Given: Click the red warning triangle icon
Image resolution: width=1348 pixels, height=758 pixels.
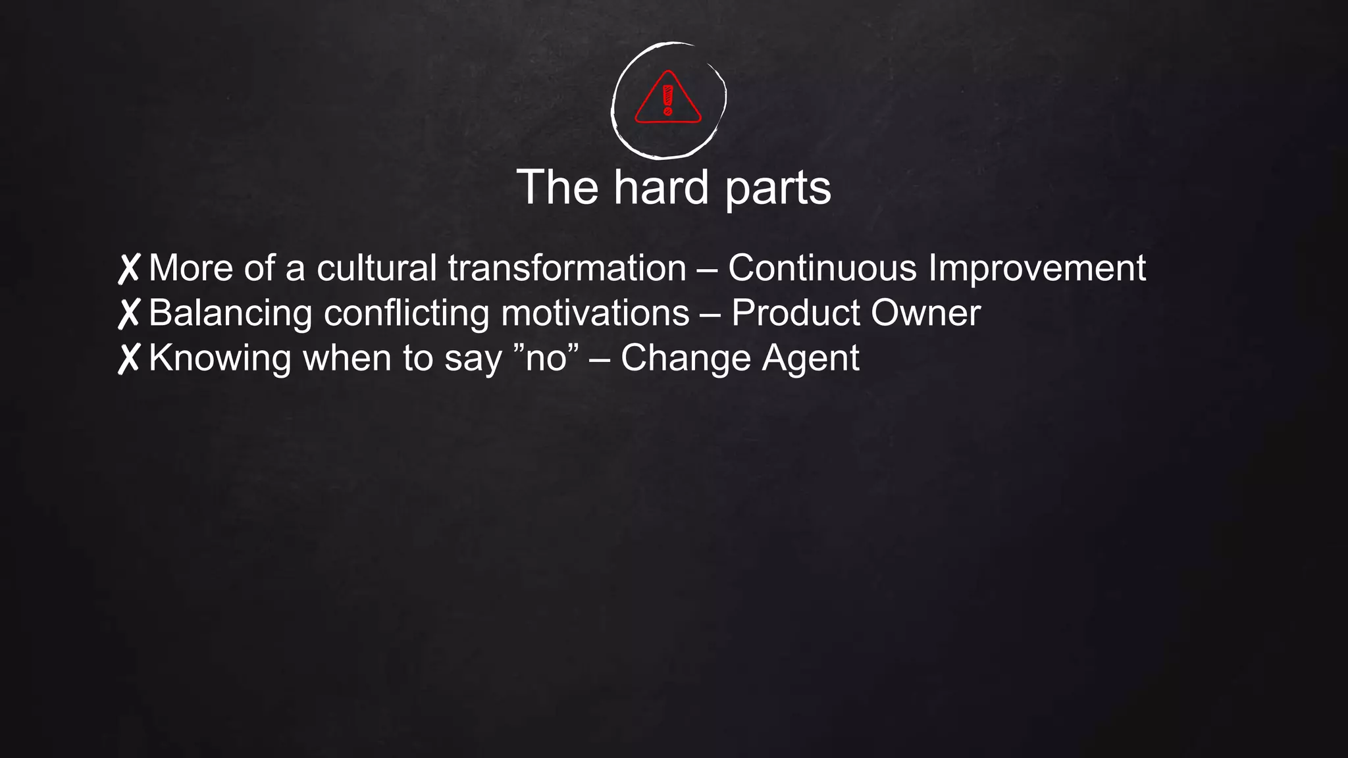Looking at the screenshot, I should pyautogui.click(x=668, y=99).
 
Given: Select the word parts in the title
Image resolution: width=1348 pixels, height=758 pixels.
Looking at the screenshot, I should pyautogui.click(x=778, y=189).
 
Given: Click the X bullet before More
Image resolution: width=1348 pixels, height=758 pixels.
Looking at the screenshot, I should pyautogui.click(x=129, y=269).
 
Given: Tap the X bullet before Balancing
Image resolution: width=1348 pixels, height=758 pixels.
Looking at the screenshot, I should pyautogui.click(x=129, y=313).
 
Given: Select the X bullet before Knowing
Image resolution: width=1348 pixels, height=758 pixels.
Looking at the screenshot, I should pyautogui.click(x=129, y=359).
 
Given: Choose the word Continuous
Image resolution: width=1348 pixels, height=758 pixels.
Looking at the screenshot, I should pyautogui.click(x=822, y=268).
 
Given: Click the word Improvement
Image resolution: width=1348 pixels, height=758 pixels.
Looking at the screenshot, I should pyautogui.click(x=1037, y=270).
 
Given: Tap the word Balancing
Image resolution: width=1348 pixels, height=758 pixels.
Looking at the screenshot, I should pyautogui.click(x=230, y=314).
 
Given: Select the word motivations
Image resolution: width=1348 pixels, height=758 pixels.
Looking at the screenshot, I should pyautogui.click(x=595, y=313).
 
